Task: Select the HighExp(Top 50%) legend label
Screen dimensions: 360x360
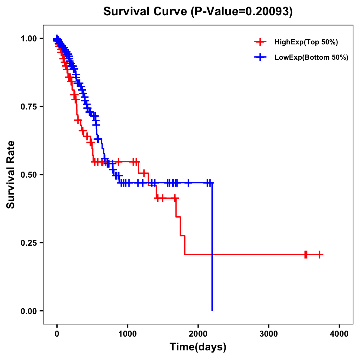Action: (306, 42)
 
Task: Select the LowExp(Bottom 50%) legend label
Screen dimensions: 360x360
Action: (311, 58)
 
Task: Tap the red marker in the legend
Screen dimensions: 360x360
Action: (260, 42)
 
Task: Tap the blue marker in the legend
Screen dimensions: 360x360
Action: (260, 57)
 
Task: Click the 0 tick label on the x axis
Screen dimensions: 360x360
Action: (57, 334)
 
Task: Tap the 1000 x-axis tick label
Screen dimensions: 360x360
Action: (127, 334)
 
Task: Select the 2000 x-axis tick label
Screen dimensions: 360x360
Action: (198, 334)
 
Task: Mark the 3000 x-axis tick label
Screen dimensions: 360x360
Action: (268, 334)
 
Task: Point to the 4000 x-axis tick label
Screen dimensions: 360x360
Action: (339, 334)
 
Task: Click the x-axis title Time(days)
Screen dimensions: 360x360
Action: (198, 347)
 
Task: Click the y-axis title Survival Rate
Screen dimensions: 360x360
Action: (11, 175)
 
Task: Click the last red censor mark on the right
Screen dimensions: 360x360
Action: (320, 254)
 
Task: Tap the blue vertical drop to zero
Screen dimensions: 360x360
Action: (212, 255)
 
